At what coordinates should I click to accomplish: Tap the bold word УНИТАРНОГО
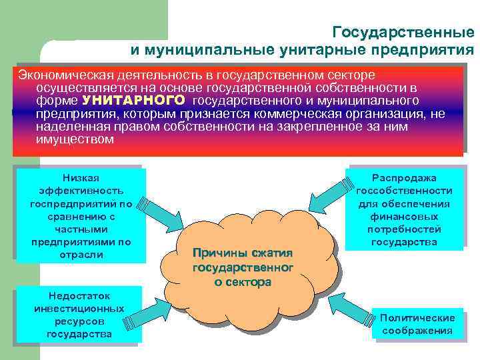(x=134, y=101)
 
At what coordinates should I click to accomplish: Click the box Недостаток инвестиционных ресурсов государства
(x=79, y=314)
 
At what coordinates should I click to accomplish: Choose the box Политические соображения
(x=417, y=324)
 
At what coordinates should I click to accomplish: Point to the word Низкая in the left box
(x=81, y=177)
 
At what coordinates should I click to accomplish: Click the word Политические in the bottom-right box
(x=417, y=317)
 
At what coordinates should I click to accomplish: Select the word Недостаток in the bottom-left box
(x=79, y=295)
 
